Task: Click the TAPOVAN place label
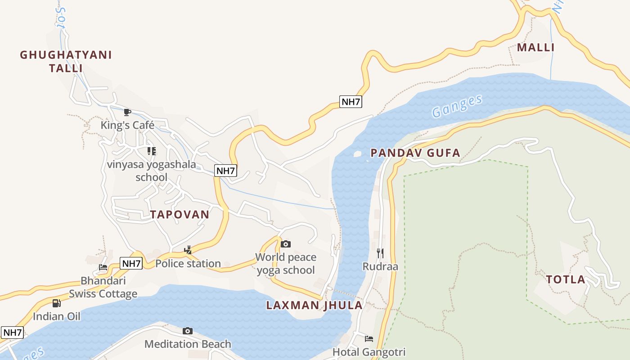pos(180,215)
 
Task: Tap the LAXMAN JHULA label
pos(314,305)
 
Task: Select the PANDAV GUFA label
pos(415,153)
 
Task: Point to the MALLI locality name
pos(535,47)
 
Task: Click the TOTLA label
pos(566,279)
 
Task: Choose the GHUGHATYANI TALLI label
pos(66,62)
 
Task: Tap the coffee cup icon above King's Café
pos(127,112)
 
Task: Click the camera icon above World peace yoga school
pos(286,244)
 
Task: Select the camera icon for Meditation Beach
pos(188,331)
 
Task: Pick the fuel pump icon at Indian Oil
pos(56,303)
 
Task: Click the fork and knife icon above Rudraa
pos(380,253)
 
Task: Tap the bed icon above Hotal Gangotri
pos(369,338)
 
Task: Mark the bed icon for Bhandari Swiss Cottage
pos(103,267)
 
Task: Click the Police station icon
pos(188,250)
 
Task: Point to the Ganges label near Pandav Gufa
pos(457,106)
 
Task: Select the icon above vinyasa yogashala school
pos(152,151)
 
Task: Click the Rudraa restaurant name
pos(380,266)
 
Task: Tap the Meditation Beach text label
pos(188,344)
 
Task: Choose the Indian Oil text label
pos(57,316)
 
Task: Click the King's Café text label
pos(127,125)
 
